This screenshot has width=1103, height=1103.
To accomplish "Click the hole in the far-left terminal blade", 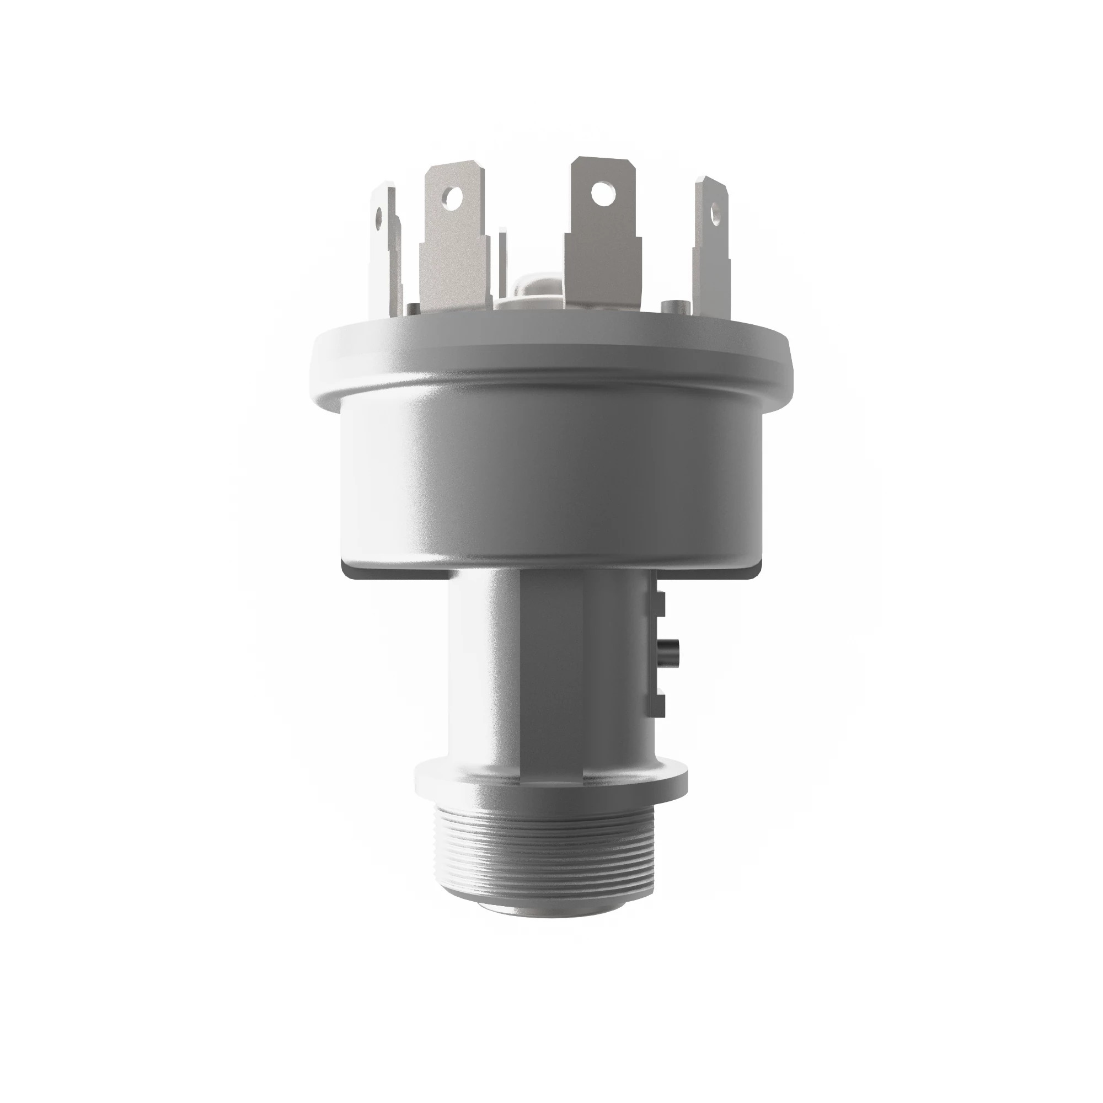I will point(377,217).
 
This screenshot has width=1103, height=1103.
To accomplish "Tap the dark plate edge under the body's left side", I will point(394,572).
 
